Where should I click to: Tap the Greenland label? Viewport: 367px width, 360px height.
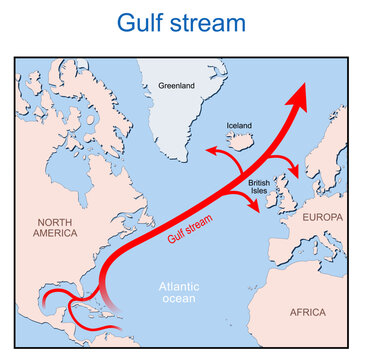[175, 86]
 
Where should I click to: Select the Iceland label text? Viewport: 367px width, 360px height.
[240, 126]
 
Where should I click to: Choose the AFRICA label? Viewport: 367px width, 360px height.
[307, 312]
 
